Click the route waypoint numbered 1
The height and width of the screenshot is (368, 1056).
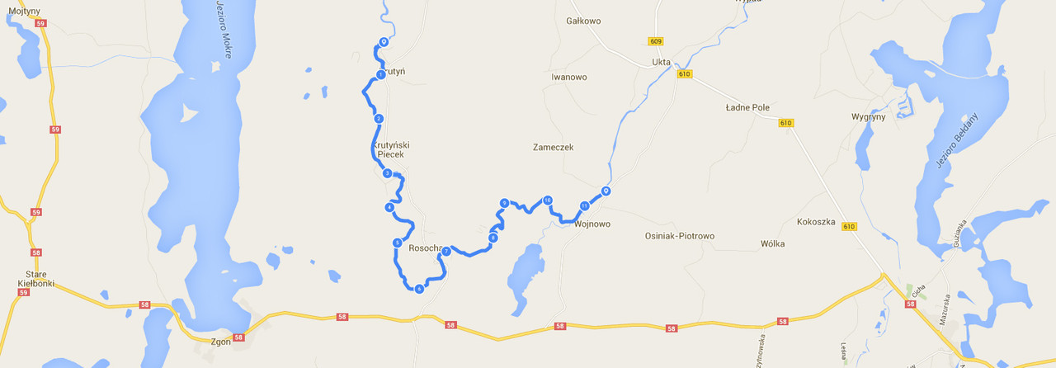[x=380, y=75]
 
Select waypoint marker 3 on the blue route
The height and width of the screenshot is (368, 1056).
[x=387, y=173]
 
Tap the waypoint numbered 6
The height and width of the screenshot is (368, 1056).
[x=419, y=289]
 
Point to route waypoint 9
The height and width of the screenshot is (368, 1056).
[x=503, y=203]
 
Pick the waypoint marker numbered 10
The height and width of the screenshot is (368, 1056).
[x=547, y=201]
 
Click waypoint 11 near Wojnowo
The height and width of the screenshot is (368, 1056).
[x=584, y=205]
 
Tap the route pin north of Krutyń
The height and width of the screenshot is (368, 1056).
[x=384, y=42]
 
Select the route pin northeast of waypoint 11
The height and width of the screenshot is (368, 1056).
[x=606, y=191]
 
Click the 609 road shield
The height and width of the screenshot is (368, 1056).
[x=656, y=41]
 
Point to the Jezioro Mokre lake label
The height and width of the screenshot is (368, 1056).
[x=222, y=28]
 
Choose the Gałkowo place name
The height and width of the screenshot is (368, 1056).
[x=583, y=21]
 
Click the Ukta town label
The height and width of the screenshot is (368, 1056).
[x=661, y=62]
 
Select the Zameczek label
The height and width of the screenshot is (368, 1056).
[x=553, y=148]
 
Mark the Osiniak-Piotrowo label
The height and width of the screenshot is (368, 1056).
[x=679, y=236]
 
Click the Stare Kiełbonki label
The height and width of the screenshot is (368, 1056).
[x=35, y=279]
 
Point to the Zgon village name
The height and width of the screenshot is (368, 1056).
[x=221, y=342]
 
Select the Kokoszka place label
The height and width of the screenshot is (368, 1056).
[x=816, y=222]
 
